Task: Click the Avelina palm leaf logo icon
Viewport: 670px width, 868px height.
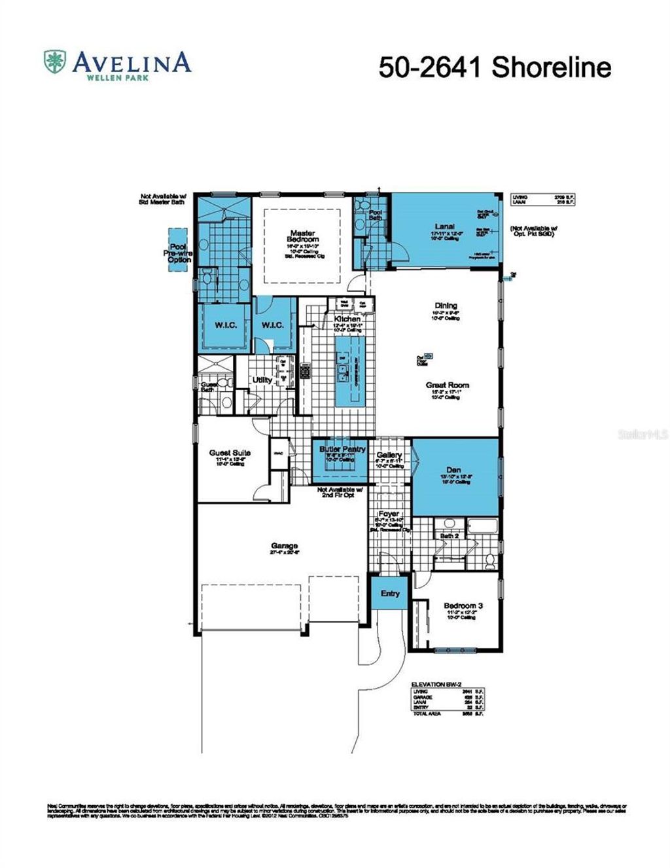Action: click(55, 62)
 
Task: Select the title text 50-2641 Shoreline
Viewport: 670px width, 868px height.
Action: click(495, 67)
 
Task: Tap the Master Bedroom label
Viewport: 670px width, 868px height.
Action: click(302, 236)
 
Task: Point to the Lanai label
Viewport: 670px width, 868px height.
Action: click(444, 226)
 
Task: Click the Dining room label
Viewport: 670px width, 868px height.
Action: click(446, 306)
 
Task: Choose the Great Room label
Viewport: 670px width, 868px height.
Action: click(447, 386)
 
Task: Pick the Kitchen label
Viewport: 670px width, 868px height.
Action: click(347, 319)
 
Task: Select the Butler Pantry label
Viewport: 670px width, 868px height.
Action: click(342, 450)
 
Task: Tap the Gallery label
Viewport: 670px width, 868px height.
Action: click(389, 455)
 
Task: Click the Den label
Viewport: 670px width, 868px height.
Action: click(453, 470)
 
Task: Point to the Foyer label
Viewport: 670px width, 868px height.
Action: click(389, 515)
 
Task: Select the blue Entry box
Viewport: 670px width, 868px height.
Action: click(390, 593)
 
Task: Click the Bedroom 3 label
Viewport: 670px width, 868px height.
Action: click(463, 606)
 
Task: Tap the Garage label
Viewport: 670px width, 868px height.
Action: click(285, 545)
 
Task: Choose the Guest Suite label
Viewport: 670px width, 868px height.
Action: click(230, 452)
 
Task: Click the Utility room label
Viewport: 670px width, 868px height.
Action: click(262, 380)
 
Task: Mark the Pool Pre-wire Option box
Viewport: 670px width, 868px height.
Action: click(178, 247)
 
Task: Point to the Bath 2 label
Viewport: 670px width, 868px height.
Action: click(449, 536)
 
